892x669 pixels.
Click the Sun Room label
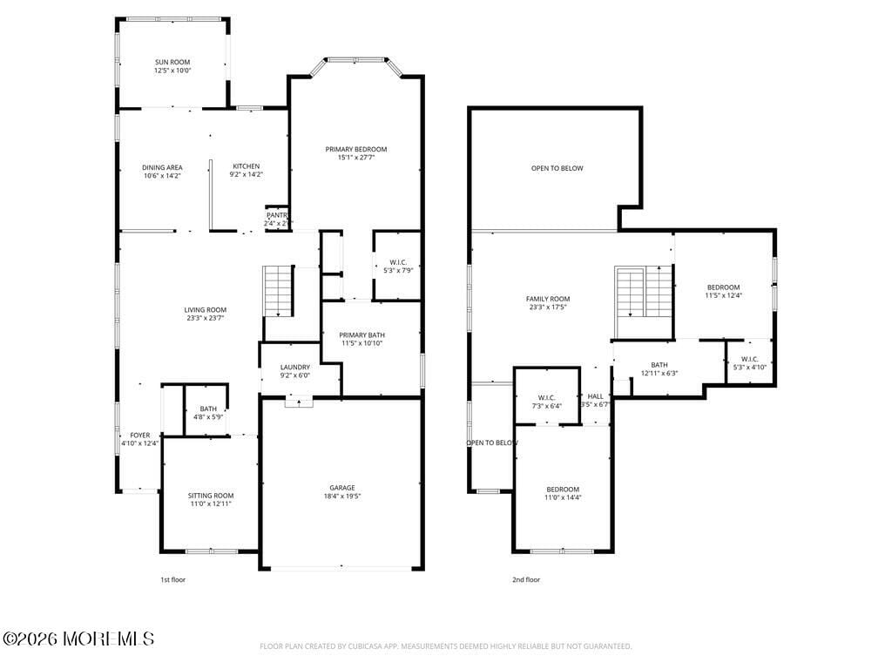point(172,62)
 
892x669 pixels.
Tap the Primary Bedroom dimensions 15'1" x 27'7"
point(356,158)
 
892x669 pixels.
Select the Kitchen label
point(246,166)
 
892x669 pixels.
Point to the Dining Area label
point(162,167)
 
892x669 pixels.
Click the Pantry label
point(277,215)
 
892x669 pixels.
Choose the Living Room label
point(206,309)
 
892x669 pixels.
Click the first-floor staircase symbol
point(278,292)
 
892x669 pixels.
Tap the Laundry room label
point(294,367)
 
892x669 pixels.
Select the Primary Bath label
point(362,334)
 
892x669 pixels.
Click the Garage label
point(341,488)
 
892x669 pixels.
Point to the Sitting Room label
point(211,495)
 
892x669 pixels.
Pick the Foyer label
point(140,435)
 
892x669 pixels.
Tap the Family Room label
point(548,299)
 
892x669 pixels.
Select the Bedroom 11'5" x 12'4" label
point(723,287)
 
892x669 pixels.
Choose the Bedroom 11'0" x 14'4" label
point(562,489)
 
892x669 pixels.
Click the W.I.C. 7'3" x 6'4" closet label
point(547,401)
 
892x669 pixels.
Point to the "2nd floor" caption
point(525,579)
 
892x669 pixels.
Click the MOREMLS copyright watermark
point(78,639)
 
